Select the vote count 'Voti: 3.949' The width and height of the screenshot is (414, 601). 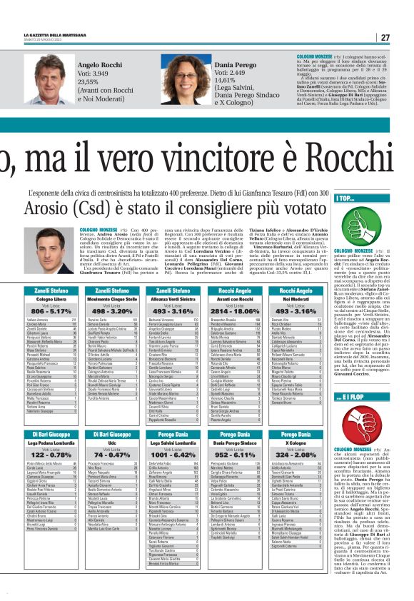94,73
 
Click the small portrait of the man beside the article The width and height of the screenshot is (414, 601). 53,251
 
